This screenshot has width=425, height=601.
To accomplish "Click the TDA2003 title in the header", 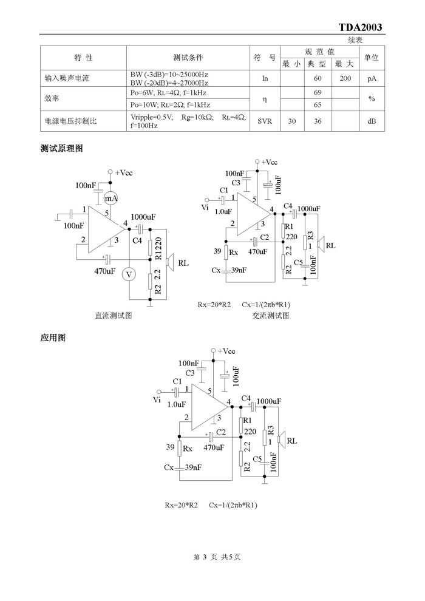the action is (360, 27).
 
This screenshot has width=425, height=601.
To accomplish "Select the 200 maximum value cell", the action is (345, 78).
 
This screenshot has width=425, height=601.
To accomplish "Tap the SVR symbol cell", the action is (265, 121).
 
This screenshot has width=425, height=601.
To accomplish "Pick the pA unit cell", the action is (372, 78).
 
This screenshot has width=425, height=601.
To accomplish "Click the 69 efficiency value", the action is (318, 92).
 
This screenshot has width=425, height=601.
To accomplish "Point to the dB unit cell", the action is (372, 121).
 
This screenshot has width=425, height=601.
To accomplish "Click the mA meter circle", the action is (111, 198).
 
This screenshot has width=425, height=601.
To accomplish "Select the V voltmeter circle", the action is (129, 274).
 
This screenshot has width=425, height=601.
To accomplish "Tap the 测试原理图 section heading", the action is (62, 148).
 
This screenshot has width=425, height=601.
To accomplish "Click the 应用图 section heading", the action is (53, 338).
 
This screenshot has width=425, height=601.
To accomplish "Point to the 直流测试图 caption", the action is (114, 316).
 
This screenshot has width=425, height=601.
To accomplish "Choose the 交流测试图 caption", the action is (271, 316).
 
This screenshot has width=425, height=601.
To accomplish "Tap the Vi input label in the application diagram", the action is (157, 400).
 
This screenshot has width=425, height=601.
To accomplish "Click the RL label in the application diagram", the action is (291, 441).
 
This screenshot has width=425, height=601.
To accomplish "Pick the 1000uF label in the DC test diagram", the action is (143, 217).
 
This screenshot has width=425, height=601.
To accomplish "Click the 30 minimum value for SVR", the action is (292, 121).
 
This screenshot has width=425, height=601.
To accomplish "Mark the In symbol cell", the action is (265, 78).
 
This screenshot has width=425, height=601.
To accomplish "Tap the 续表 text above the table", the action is (355, 40).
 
